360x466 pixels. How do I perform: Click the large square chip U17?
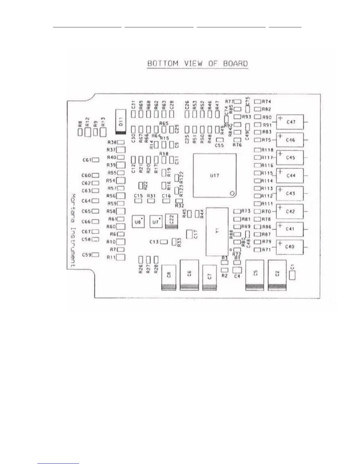[214, 175]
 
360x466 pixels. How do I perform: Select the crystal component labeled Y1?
[217, 232]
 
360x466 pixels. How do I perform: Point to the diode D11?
[121, 122]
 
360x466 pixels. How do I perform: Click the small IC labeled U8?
[138, 222]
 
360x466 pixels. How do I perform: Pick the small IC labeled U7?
[156, 222]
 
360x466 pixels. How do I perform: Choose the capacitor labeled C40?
[289, 247]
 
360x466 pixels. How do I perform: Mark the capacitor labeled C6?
[189, 274]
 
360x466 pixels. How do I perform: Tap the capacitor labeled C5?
[255, 274]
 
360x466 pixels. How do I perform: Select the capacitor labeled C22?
[172, 221]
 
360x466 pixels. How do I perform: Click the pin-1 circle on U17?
[232, 193]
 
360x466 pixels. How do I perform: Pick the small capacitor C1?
[292, 275]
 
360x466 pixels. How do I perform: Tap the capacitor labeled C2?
[277, 274]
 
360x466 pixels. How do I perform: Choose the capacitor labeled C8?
[169, 277]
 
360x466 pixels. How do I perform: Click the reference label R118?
[267, 150]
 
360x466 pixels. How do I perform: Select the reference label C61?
[87, 160]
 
